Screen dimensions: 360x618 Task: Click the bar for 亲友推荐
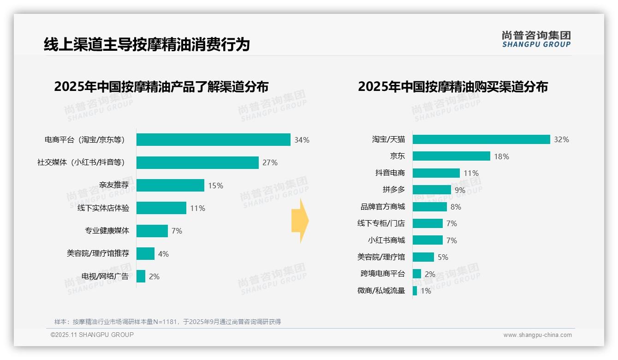170,186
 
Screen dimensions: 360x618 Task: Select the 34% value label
302,140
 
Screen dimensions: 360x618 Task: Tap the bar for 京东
451,156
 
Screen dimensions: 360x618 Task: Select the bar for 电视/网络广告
141,276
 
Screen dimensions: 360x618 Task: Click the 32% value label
561,139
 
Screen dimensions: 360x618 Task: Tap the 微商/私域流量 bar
415,291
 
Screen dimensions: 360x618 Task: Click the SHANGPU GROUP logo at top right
536,39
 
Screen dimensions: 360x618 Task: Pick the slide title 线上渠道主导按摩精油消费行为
147,44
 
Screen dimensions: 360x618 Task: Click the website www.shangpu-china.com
537,335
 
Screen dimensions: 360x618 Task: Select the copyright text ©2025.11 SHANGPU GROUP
92,335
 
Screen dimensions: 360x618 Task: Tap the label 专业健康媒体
107,231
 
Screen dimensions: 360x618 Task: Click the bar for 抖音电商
436,173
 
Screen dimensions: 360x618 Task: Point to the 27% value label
270,162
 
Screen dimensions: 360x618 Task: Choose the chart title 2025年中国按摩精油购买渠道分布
452,87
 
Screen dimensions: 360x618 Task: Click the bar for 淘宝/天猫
481,139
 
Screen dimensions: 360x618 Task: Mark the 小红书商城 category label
386,240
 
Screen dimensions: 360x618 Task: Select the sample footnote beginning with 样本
167,322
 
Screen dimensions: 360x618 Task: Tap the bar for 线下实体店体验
161,208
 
